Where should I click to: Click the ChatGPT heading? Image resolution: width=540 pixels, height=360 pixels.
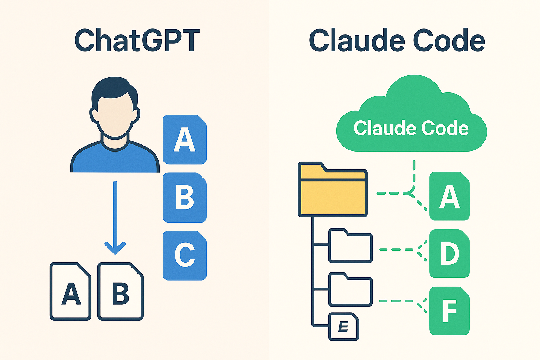click(137, 40)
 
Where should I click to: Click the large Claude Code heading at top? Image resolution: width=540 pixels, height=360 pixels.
click(397, 40)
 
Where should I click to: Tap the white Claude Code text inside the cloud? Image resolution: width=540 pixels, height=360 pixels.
click(411, 128)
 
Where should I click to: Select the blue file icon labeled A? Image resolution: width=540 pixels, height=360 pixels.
click(185, 139)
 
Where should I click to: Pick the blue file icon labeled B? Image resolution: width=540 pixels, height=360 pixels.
click(185, 197)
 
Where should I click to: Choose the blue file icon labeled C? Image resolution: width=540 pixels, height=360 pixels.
click(185, 255)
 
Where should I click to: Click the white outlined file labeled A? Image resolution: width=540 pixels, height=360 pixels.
click(70, 291)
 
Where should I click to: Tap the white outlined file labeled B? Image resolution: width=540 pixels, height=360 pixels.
click(121, 291)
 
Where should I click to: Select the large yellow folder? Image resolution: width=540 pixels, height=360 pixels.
click(333, 189)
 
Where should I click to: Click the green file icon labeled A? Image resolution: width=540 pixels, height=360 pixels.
click(449, 196)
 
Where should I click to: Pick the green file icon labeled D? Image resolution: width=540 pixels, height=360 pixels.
click(449, 253)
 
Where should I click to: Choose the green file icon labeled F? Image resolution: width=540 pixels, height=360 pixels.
click(449, 311)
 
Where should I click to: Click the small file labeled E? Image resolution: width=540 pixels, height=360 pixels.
click(344, 327)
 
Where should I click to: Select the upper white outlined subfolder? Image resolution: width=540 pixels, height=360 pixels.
click(351, 245)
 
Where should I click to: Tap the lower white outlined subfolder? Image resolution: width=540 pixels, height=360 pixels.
click(351, 289)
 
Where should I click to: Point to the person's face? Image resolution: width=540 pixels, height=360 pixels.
click(115, 116)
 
